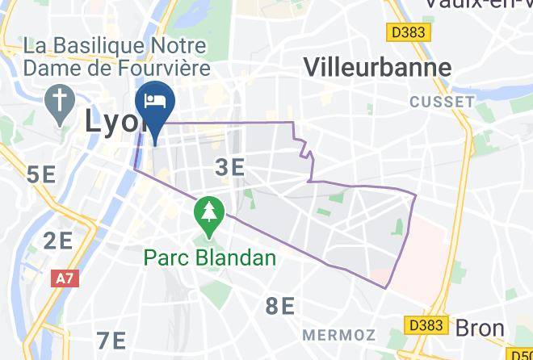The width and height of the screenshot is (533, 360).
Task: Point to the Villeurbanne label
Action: click(x=376, y=67)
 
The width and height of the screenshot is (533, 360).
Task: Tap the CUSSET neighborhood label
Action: click(x=442, y=102)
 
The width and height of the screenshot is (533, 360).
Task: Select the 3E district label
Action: click(x=230, y=167)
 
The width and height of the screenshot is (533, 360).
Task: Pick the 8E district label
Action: click(x=280, y=306)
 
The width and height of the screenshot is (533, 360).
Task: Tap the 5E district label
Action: click(x=41, y=174)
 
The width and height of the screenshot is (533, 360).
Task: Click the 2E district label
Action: click(x=58, y=240)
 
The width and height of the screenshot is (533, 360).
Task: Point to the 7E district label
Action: click(x=111, y=340)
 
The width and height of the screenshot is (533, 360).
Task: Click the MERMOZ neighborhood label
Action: click(x=339, y=334)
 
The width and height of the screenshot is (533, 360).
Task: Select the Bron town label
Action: click(x=480, y=329)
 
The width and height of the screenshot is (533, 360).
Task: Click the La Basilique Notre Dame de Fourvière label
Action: click(x=116, y=57)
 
